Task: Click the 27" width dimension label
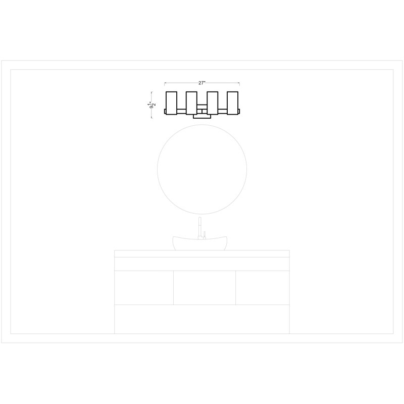point(201,83)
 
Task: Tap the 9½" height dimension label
point(153,105)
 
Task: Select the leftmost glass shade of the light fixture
point(171,103)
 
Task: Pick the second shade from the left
point(191,103)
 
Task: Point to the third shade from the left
point(213,103)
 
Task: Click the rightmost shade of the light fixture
point(232,103)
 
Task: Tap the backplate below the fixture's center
point(202,117)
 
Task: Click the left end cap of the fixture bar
point(165,111)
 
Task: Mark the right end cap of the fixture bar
point(239,111)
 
